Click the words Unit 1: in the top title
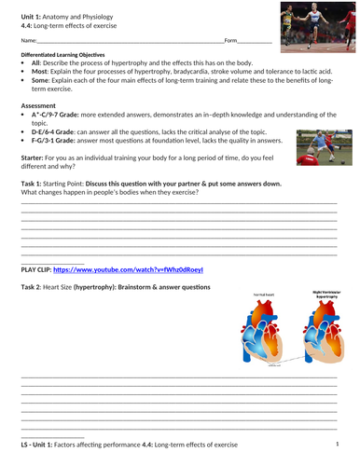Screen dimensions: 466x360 pyautogui.click(x=33, y=7)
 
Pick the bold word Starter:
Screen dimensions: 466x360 pyautogui.click(x=35, y=164)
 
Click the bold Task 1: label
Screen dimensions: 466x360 pyautogui.click(x=34, y=186)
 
